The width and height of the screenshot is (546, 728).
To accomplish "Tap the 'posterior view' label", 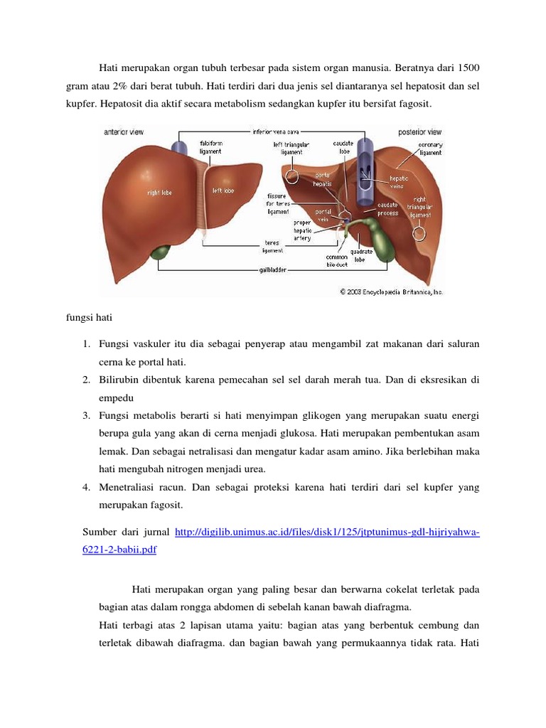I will coord(419,132).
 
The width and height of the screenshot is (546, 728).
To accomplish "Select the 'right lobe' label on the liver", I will coord(159,193).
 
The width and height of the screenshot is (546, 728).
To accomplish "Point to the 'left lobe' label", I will coord(223,191).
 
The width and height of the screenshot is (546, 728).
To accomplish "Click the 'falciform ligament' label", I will coord(210,147).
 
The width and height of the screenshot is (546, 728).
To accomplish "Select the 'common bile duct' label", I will coord(336,261).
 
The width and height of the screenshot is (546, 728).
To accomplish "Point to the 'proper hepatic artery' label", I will coord(302,230).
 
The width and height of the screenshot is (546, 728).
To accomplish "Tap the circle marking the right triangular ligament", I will coord(419,234).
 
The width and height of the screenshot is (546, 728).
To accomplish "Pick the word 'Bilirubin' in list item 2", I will coord(119,380).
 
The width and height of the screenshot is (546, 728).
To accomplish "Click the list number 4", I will coord(85,488).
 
